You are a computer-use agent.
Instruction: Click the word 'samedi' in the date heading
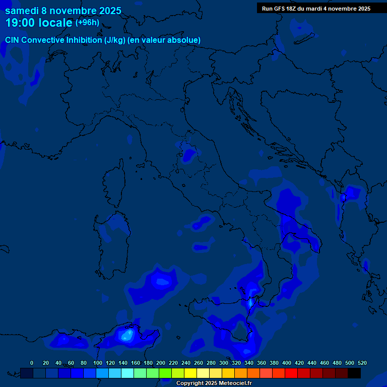(21, 11)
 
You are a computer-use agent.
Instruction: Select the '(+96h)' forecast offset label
(87, 22)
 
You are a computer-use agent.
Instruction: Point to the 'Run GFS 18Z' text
(280, 9)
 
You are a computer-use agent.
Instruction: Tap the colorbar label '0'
(32, 363)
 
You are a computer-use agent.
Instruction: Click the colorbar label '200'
(161, 363)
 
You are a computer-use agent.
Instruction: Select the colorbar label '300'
(224, 363)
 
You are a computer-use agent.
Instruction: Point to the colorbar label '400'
(287, 363)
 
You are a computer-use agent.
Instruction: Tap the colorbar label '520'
(362, 363)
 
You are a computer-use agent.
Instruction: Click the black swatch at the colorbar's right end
(354, 373)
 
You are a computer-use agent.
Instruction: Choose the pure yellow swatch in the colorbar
(190, 373)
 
